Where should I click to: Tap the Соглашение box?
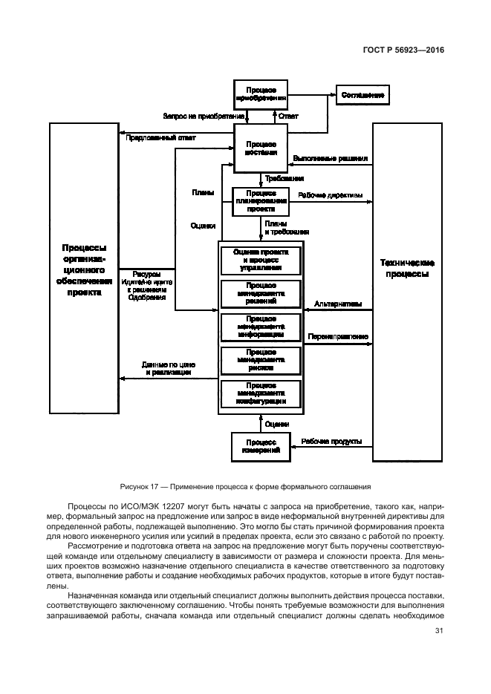click(363, 95)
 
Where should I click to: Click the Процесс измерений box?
click(260, 446)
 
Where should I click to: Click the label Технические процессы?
click(407, 268)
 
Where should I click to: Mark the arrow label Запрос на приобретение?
click(204, 116)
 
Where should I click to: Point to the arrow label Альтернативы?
click(338, 303)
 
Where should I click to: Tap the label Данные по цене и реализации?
click(169, 368)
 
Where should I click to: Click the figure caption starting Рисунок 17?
click(245, 487)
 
